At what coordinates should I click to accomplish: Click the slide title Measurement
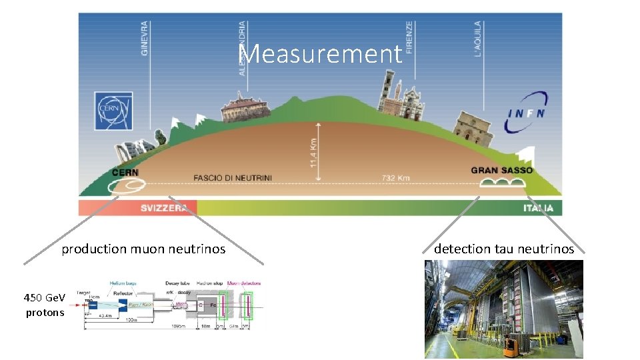pyautogui.click(x=320, y=54)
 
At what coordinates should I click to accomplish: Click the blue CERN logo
pyautogui.click(x=114, y=110)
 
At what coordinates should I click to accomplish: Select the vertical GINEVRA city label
pyautogui.click(x=145, y=38)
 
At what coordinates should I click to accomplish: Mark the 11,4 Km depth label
pyautogui.click(x=313, y=153)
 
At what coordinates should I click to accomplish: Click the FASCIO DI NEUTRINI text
pyautogui.click(x=233, y=178)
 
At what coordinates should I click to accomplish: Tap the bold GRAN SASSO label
pyautogui.click(x=501, y=170)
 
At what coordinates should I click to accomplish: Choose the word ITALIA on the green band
pyautogui.click(x=538, y=209)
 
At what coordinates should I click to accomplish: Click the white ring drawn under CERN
pyautogui.click(x=125, y=183)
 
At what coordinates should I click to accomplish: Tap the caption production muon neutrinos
pyautogui.click(x=143, y=249)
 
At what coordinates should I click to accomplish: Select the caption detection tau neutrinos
pyautogui.click(x=504, y=249)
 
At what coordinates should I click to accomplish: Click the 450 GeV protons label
pyautogui.click(x=45, y=305)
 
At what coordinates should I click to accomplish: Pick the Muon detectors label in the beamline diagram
pyautogui.click(x=244, y=283)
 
